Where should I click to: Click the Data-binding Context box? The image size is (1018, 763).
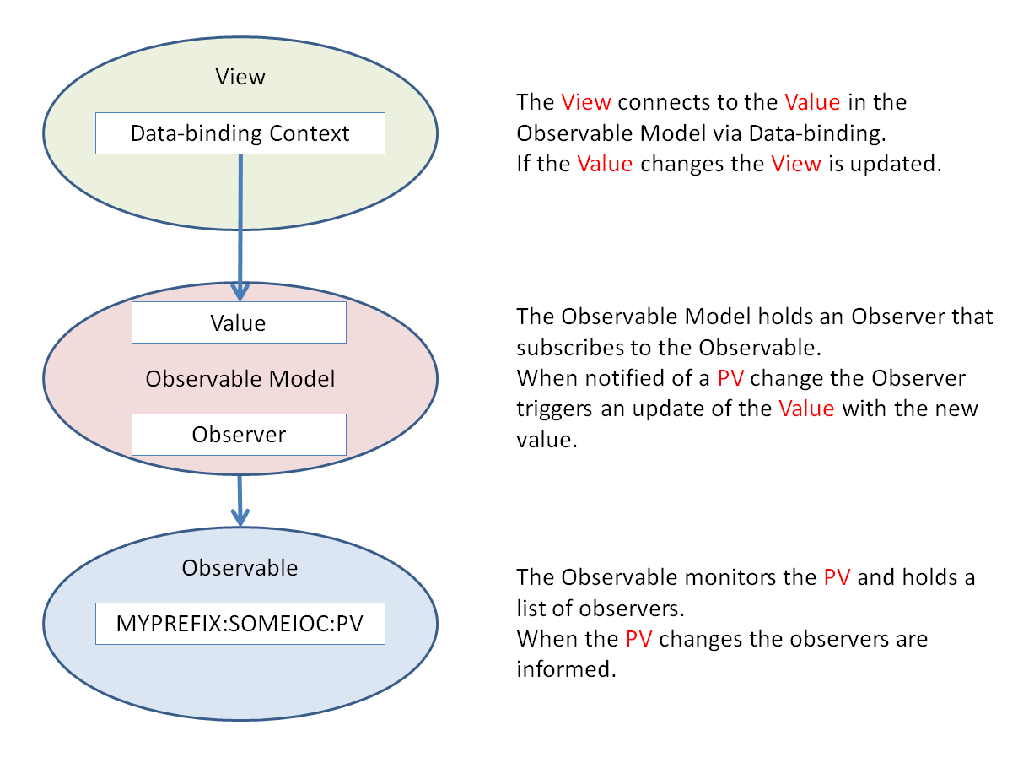coord(240,134)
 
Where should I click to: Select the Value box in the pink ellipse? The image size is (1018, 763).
coord(239,322)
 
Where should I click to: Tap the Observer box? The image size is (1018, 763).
coord(239,435)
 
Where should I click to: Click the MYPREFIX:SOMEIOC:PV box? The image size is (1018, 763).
coord(240,625)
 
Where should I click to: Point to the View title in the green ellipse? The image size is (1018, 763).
coord(240,78)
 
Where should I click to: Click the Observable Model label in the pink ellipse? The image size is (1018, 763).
coord(240,379)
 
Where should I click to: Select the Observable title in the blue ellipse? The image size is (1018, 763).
coord(240,568)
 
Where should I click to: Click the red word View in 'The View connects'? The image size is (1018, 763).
coord(585,103)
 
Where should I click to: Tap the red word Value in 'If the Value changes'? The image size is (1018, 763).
coord(605,164)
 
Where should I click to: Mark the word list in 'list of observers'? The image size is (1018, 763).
coord(529,609)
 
